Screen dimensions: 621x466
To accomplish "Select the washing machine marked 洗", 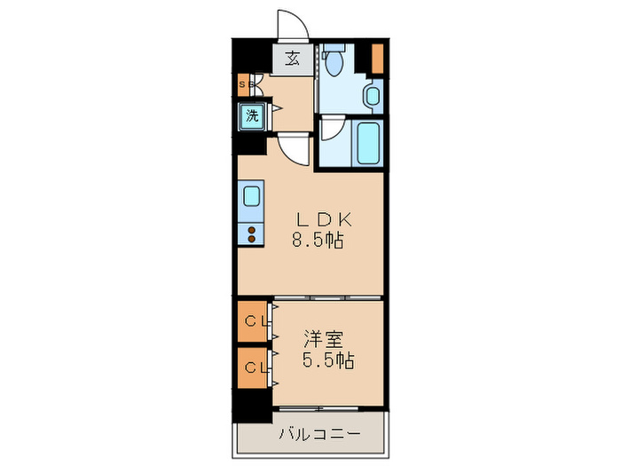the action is point(252,116).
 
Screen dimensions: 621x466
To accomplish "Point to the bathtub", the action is point(368,143).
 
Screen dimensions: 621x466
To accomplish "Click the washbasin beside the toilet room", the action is point(373,96).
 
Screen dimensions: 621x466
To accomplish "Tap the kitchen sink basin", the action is point(251,196).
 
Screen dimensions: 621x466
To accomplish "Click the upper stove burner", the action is point(251,230).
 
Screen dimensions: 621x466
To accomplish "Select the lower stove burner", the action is point(251,239).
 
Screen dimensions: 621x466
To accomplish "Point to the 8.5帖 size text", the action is point(318,240).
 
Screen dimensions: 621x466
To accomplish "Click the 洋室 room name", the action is point(323,339).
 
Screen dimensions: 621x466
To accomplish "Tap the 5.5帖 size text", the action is point(328,359).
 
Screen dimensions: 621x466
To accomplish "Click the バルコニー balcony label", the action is point(320,434).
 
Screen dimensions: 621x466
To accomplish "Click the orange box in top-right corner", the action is point(377,59).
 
